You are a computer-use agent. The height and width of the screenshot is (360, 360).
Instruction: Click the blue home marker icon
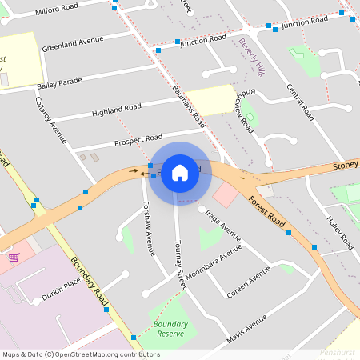tap(180, 172)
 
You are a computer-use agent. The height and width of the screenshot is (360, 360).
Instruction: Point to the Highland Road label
tap(116, 109)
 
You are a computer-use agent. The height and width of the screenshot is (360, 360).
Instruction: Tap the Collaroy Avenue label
tap(50, 120)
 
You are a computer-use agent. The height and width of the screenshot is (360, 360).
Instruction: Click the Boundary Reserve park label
tap(170, 329)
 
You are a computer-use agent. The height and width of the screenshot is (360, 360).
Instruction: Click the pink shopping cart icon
tap(14, 258)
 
